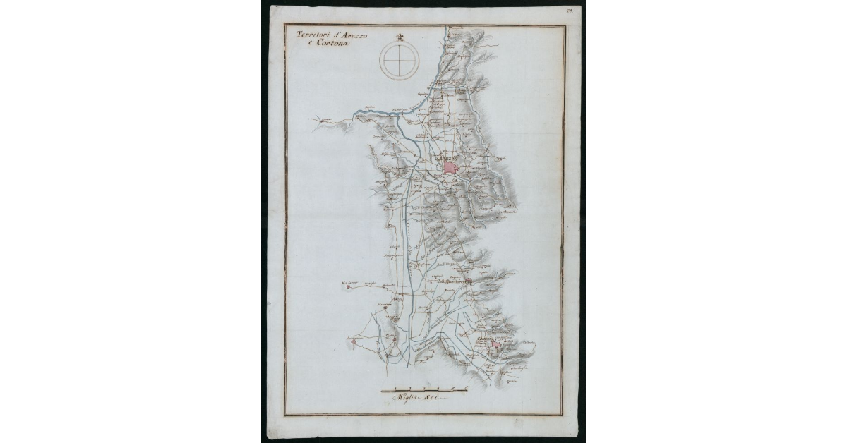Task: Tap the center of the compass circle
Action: [399, 59]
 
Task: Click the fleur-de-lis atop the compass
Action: [399, 37]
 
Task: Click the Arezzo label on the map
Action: [450, 160]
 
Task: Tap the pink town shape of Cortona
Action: [498, 345]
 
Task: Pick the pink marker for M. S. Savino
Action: [347, 287]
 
